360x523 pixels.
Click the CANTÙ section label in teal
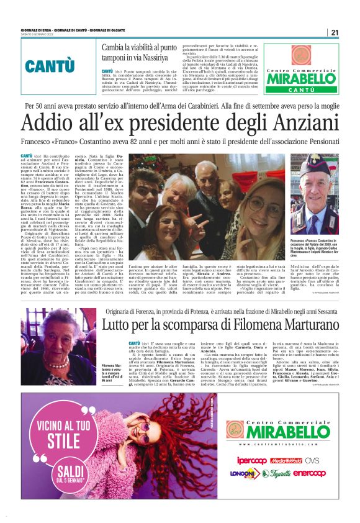pyautogui.click(x=50, y=65)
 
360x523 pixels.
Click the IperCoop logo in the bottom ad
pyautogui.click(x=251, y=461)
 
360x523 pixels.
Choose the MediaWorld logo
pyautogui.click(x=286, y=461)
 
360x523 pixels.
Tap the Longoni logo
pyautogui.click(x=241, y=473)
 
